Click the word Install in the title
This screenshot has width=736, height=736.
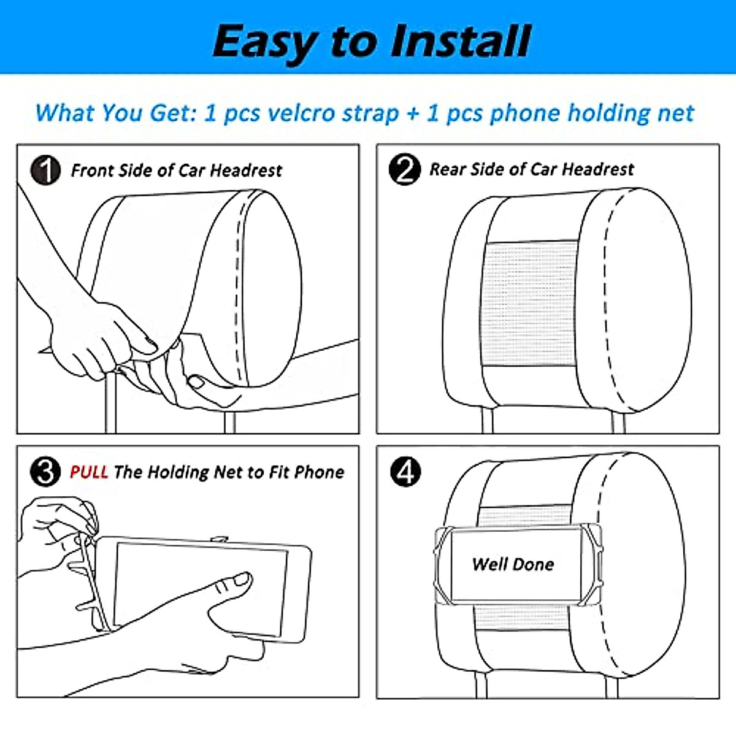460,41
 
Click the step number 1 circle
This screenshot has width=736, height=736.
45,171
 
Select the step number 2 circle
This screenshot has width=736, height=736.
404,169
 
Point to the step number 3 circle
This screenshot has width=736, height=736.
45,472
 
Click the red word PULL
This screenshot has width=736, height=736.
88,472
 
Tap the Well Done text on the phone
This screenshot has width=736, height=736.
513,564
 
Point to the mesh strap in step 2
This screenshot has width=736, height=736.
530,303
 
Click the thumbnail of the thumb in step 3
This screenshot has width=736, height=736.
242,580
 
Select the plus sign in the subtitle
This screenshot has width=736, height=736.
413,114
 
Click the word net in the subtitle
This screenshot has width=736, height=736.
676,114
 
